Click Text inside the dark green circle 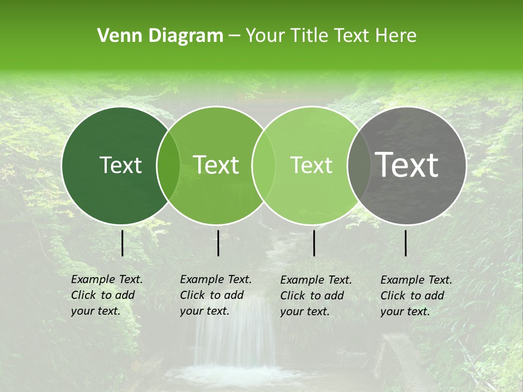tap(120, 165)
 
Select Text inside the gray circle tap(407, 164)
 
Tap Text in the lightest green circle tap(311, 165)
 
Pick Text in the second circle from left tap(216, 165)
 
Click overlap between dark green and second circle tap(168, 165)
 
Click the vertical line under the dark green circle tap(123, 243)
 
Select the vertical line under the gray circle tap(406, 243)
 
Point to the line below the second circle tap(218, 243)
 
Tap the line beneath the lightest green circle tap(314, 243)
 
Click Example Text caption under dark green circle tap(107, 279)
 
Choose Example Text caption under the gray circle tap(416, 280)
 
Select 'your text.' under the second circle tap(204, 311)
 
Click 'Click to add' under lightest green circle tap(312, 296)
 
